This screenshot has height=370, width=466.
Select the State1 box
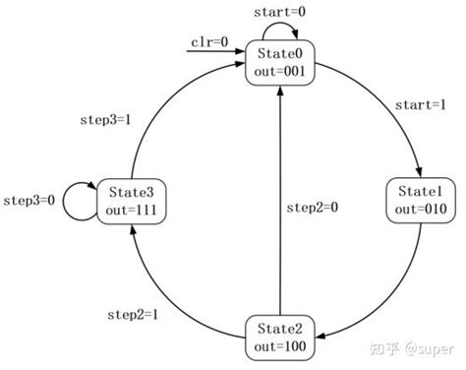click(420, 199)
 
